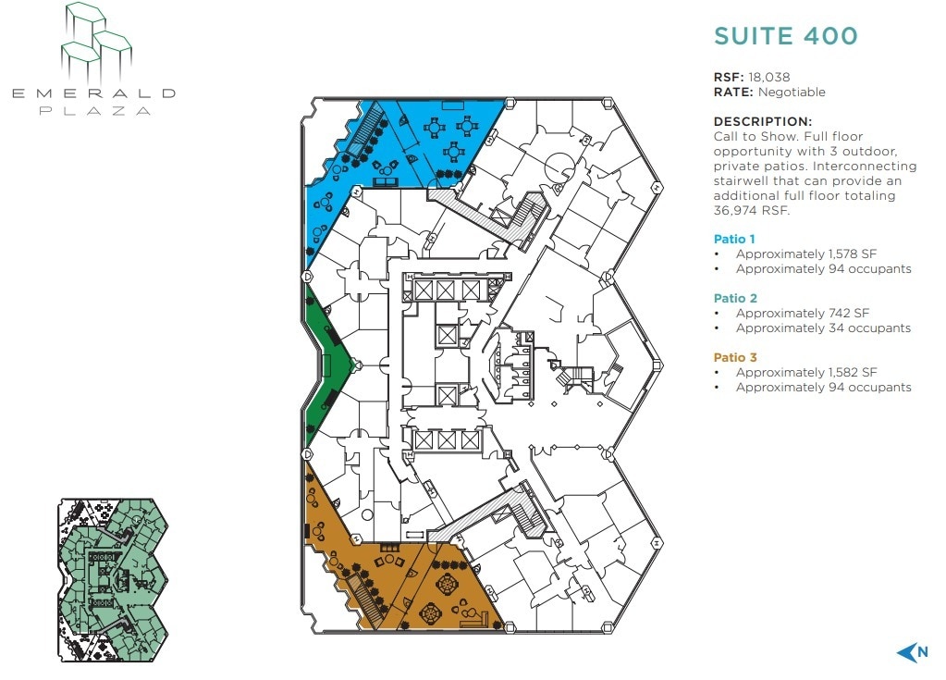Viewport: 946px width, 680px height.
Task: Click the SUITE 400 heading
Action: tap(785, 36)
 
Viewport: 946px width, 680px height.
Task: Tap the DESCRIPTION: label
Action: tap(763, 121)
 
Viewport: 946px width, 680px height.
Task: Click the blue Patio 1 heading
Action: tap(735, 239)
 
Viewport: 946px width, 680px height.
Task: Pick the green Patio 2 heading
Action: tap(735, 298)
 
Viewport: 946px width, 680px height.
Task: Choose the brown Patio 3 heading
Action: tap(735, 357)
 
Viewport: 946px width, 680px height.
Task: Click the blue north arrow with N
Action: tap(912, 653)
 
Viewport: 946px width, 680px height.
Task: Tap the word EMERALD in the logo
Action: tap(92, 93)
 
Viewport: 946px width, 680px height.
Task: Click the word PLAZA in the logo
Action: tap(93, 110)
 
